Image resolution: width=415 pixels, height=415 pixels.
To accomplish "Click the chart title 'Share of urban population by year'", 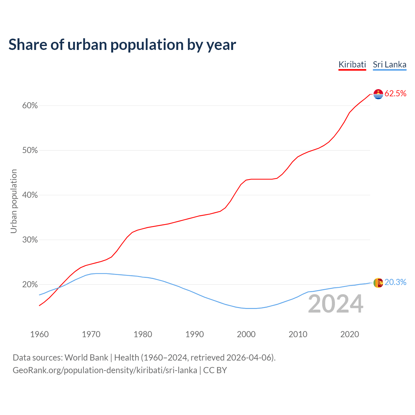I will point(122,45).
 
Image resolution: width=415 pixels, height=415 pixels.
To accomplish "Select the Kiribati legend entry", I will point(352,65).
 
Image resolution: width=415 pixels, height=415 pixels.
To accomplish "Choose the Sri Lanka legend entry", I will point(389,65).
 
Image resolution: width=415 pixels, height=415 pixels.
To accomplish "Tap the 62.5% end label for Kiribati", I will point(395,94).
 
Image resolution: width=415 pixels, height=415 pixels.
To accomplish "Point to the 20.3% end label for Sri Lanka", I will point(395,282).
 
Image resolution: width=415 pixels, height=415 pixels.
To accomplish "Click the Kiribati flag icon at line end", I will point(378,94).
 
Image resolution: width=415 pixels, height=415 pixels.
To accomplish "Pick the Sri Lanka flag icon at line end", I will point(378,283).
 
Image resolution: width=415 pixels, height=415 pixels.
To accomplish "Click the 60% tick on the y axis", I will point(30,106).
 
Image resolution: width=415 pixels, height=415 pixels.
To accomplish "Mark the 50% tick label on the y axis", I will point(30,150).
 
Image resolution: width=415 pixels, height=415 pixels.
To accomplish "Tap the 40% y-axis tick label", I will point(30,195).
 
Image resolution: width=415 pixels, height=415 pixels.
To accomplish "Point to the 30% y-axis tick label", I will point(30,240).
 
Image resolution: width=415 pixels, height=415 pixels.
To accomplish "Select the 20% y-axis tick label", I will point(30,285).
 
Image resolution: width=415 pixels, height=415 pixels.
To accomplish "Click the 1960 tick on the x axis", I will point(40,334).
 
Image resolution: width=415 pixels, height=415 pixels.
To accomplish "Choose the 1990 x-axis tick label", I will point(195,334).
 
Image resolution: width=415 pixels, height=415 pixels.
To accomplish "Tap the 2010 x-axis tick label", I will point(298,334).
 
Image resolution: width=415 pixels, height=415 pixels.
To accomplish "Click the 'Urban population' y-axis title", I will point(14,201).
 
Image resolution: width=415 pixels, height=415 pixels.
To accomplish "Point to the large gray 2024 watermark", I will point(336,304).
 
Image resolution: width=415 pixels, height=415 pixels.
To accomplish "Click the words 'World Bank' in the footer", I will point(86,358).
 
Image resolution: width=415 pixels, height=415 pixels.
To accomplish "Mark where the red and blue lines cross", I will point(59,288).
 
